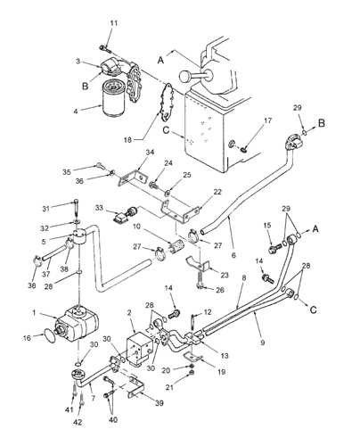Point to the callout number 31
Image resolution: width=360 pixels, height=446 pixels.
pos(50,209)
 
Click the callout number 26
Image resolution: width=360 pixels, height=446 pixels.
pos(221,289)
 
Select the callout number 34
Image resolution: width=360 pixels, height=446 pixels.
pos(149,153)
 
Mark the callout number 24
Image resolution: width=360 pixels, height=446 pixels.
pos(168,163)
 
